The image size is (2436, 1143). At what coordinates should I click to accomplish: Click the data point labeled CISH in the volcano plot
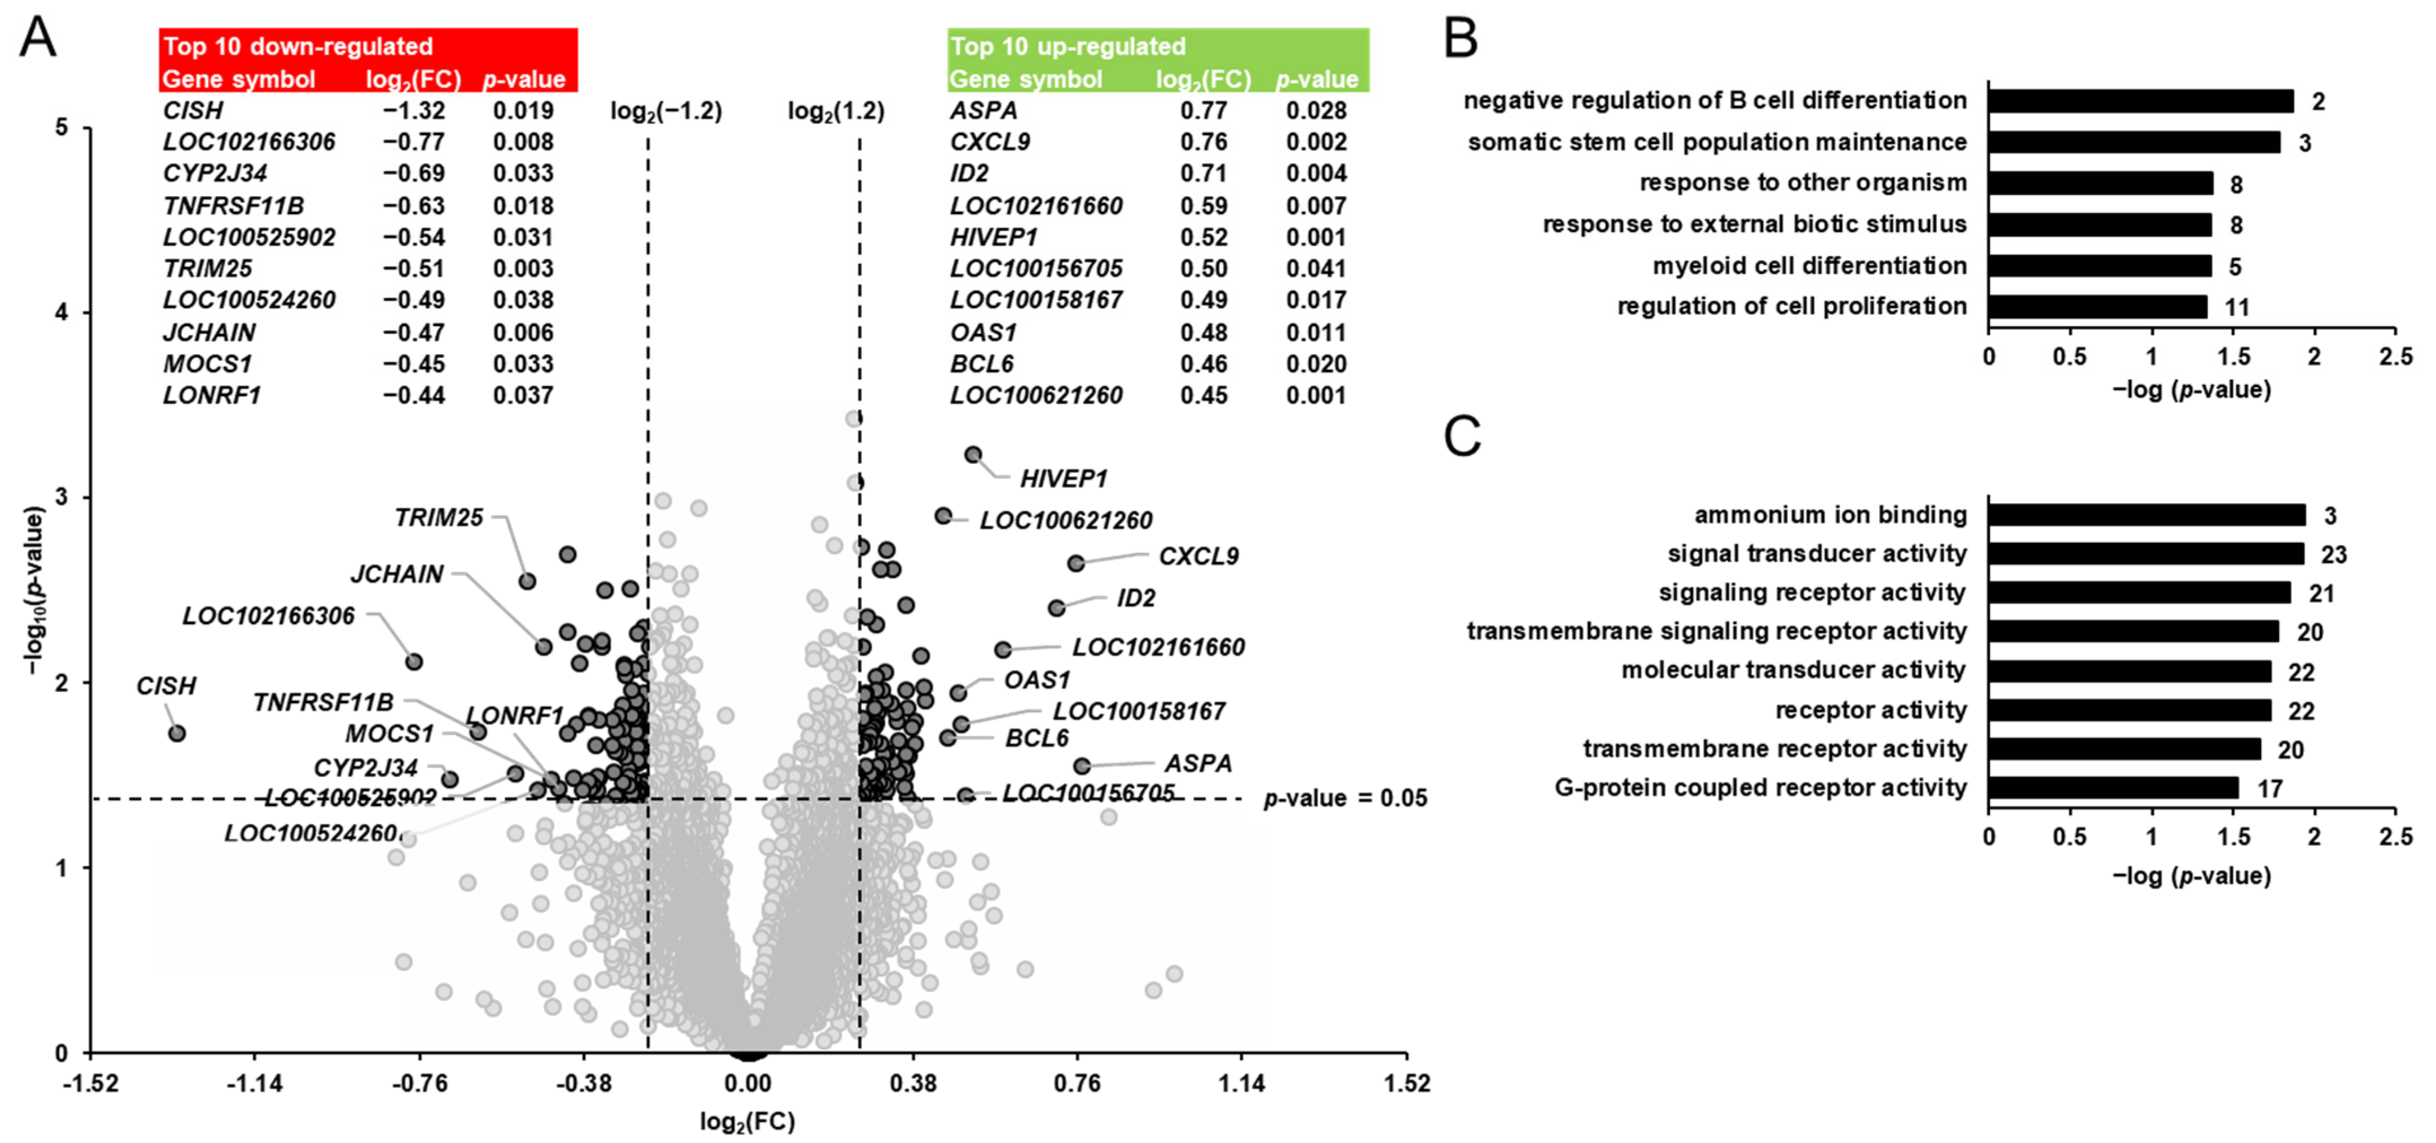[x=177, y=733]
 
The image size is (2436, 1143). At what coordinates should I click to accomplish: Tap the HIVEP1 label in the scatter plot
[x=1063, y=479]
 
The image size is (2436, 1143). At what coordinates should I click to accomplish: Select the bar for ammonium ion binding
[x=2146, y=515]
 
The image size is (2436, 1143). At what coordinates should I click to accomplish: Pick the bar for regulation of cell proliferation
[x=2097, y=307]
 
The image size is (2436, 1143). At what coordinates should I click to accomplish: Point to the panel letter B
[x=1461, y=40]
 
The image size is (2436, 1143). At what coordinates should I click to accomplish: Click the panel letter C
[x=1462, y=437]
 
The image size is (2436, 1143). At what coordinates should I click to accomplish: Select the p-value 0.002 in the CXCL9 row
[x=1315, y=142]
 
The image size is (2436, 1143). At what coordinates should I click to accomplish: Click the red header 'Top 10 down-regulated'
[x=298, y=46]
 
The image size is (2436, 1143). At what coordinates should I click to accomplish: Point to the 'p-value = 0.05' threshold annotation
[x=1345, y=798]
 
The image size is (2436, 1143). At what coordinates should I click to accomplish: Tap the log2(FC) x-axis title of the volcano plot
[x=747, y=1122]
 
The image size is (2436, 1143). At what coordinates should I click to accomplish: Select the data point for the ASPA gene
[x=1082, y=766]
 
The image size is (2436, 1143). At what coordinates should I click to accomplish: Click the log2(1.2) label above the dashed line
[x=836, y=112]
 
